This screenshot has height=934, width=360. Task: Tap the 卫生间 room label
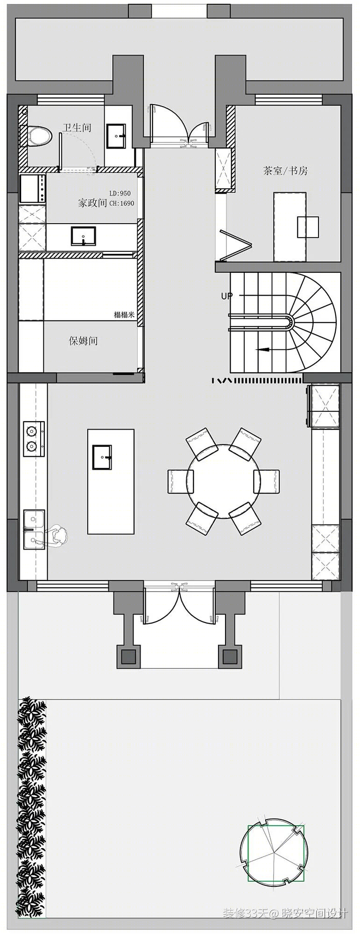point(77,127)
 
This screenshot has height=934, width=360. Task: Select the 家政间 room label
point(92,203)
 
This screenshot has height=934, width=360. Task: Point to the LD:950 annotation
point(120,193)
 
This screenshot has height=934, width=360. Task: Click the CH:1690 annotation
point(121,203)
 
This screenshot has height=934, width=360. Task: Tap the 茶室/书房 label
point(285,170)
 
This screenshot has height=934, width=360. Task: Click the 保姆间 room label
point(83,341)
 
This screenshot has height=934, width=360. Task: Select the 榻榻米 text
point(124,315)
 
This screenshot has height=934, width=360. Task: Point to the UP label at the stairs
point(226,296)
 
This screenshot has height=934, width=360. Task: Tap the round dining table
point(223,481)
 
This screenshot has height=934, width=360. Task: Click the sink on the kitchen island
point(102,457)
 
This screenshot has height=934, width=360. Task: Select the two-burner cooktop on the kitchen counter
point(34,439)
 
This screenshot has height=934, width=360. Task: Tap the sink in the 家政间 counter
point(84,236)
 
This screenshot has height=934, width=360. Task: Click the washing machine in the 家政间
point(32,188)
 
